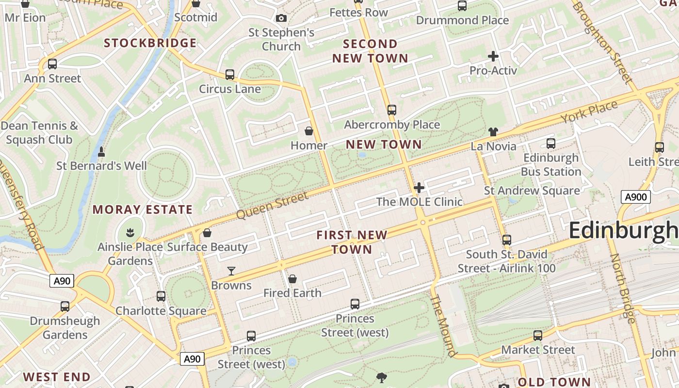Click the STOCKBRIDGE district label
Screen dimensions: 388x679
[150, 43]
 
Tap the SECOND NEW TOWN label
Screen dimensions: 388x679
[370, 51]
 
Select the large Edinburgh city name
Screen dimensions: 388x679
[623, 230]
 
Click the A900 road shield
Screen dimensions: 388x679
[635, 197]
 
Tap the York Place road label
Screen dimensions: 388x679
[589, 112]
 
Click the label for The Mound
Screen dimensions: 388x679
[443, 325]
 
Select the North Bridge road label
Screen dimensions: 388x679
[622, 288]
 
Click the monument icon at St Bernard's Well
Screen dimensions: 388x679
[101, 152]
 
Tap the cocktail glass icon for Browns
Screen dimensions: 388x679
[231, 271]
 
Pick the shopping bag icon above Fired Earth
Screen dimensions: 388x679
[292, 279]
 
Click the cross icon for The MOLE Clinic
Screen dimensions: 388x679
[419, 188]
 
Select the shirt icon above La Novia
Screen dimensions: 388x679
[493, 132]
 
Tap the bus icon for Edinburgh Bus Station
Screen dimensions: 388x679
[550, 144]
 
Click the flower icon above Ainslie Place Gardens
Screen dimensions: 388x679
[130, 233]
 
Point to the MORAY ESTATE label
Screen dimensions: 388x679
[143, 210]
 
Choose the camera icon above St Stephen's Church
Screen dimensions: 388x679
[281, 18]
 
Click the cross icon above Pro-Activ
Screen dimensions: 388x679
[493, 56]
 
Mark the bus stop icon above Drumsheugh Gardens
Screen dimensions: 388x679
[65, 307]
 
